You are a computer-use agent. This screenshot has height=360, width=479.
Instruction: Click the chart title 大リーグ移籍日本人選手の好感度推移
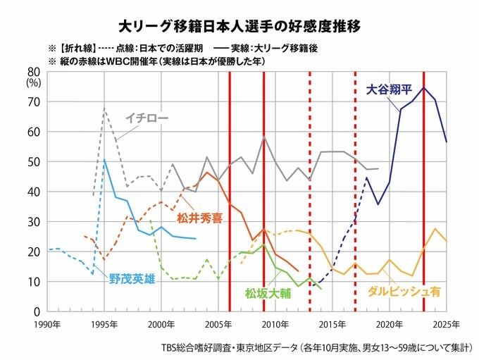point(239,27)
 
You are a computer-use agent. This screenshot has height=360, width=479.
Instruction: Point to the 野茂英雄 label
point(132,278)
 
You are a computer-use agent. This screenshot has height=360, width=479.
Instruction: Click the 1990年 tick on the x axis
point(49,324)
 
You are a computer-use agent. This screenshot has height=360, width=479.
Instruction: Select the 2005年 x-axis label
point(219,324)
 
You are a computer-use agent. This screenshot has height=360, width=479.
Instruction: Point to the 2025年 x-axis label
point(446,324)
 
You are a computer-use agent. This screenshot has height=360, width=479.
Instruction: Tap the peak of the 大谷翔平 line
point(423,87)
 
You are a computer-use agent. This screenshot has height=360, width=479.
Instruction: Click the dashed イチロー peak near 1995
point(105,108)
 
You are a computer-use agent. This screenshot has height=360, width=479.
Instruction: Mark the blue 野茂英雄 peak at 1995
point(105,160)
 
